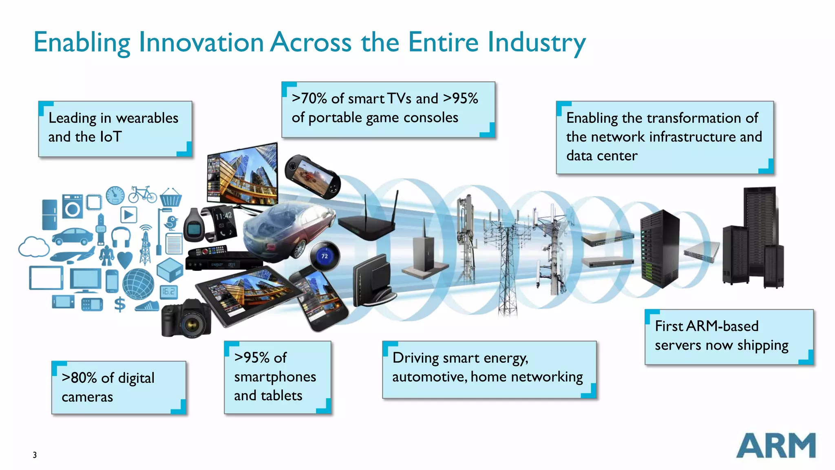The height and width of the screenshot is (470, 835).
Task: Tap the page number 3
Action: click(35, 455)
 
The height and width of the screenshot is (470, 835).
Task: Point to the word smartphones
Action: click(275, 377)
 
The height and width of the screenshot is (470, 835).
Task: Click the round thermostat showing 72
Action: click(324, 256)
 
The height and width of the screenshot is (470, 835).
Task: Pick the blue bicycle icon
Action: click(142, 195)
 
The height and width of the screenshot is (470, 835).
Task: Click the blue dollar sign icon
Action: click(119, 304)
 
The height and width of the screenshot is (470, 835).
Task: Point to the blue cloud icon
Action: click(34, 247)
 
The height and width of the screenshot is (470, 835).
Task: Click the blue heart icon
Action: click(125, 259)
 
